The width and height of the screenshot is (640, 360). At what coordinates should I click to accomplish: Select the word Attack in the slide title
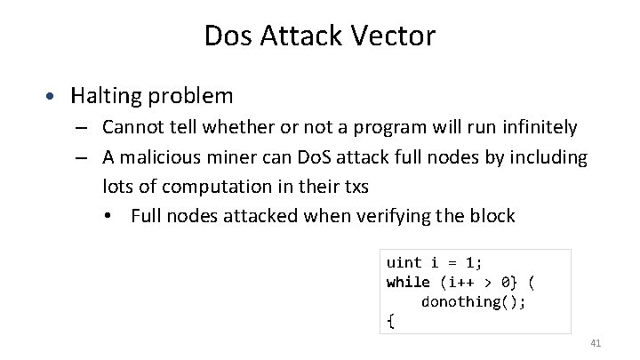299,36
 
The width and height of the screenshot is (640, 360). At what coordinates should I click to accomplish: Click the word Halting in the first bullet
106,94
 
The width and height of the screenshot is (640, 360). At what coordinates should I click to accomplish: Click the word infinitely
535,128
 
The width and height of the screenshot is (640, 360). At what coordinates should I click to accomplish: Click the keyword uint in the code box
404,263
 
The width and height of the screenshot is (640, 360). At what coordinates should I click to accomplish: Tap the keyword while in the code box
408,282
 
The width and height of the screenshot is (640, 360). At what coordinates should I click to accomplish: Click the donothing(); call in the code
473,301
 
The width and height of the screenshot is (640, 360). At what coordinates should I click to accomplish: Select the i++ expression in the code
461,282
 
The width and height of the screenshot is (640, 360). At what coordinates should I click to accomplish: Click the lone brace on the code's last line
390,321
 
